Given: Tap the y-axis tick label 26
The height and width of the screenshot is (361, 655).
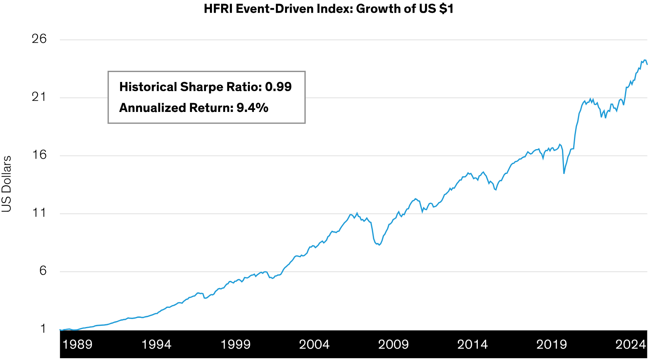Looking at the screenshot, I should (x=39, y=39).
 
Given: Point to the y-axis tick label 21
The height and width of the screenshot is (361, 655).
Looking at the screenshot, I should (x=39, y=97).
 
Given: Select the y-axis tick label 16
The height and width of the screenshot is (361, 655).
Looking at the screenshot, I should (x=39, y=155).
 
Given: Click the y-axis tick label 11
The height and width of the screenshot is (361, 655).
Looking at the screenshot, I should (x=39, y=213).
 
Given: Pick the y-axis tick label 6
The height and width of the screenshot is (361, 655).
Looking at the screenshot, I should (x=42, y=271).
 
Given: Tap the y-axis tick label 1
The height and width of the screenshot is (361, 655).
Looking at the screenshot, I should (x=43, y=329).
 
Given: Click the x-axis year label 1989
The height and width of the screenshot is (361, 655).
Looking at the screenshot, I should (x=77, y=344).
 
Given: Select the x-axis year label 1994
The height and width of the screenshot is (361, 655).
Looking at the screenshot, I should (x=156, y=344).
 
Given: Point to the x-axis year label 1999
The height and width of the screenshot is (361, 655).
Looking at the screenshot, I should (x=235, y=344).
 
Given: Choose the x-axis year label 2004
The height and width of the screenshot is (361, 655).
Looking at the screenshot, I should (x=315, y=344).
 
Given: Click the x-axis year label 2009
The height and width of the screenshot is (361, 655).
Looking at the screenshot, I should (x=394, y=344).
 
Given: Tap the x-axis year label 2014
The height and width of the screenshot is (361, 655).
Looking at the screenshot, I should (x=473, y=344).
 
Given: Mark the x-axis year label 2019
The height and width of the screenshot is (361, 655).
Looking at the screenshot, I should (x=552, y=344).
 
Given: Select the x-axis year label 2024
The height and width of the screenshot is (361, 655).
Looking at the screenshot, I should (x=631, y=344).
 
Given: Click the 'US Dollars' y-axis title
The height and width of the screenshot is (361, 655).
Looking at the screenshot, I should (x=7, y=184).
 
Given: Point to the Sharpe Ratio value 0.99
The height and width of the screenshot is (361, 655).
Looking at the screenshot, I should (x=278, y=87).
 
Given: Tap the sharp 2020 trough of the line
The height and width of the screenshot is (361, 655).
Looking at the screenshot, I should (x=564, y=173).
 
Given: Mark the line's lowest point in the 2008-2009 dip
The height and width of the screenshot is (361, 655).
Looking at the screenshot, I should (x=379, y=245).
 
